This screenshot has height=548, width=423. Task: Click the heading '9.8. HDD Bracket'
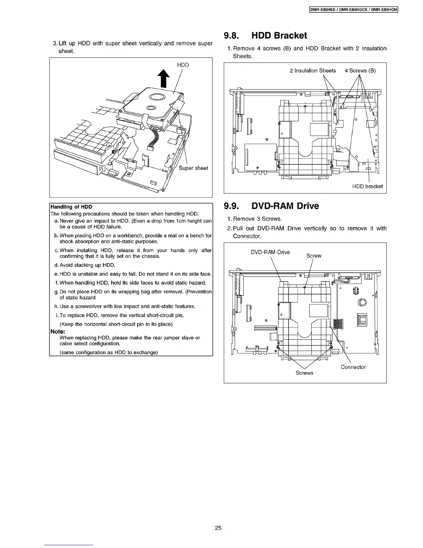pyautogui.click(x=265, y=35)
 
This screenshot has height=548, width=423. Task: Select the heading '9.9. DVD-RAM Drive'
pyautogui.click(x=271, y=206)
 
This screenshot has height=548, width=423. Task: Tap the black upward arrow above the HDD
pyautogui.click(x=163, y=79)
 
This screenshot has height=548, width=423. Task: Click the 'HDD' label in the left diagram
pyautogui.click(x=183, y=65)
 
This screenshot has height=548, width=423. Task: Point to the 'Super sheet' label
pyautogui.click(x=193, y=168)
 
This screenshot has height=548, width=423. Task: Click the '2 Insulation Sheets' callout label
pyautogui.click(x=312, y=71)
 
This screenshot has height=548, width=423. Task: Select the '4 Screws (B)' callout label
pyautogui.click(x=360, y=71)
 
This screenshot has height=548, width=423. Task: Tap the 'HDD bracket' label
pyautogui.click(x=367, y=186)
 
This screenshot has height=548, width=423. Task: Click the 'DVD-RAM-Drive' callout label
pyautogui.click(x=270, y=252)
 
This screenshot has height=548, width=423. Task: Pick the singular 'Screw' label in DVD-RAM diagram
pyautogui.click(x=314, y=256)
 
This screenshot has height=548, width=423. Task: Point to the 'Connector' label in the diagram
pyautogui.click(x=353, y=367)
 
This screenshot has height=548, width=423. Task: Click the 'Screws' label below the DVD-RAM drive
pyautogui.click(x=304, y=373)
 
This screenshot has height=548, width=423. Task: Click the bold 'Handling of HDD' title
pyautogui.click(x=71, y=207)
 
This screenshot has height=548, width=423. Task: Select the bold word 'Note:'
pyautogui.click(x=57, y=331)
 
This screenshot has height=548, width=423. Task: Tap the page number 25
pyautogui.click(x=218, y=528)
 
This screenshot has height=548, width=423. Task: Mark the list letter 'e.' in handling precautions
pyautogui.click(x=57, y=274)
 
